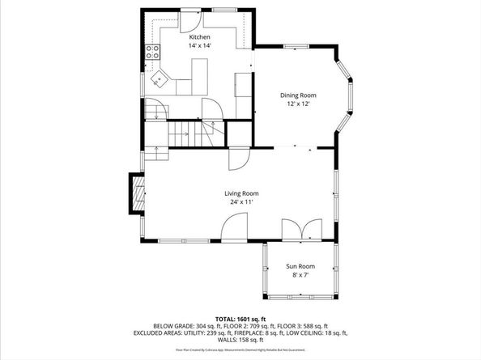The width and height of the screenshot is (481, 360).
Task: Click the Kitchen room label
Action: coord(199,38)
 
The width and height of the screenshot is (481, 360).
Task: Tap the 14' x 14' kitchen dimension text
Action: coord(199,47)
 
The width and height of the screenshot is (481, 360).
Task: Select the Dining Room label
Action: coord(297,95)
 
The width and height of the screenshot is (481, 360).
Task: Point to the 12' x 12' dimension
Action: coord(297,104)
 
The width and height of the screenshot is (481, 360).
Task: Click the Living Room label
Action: coord(241,193)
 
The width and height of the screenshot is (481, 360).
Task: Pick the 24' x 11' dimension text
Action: coord(241,202)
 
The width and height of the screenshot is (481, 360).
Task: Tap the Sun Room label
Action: coord(300,266)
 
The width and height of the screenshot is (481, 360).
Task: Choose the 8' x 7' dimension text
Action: coord(300,276)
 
